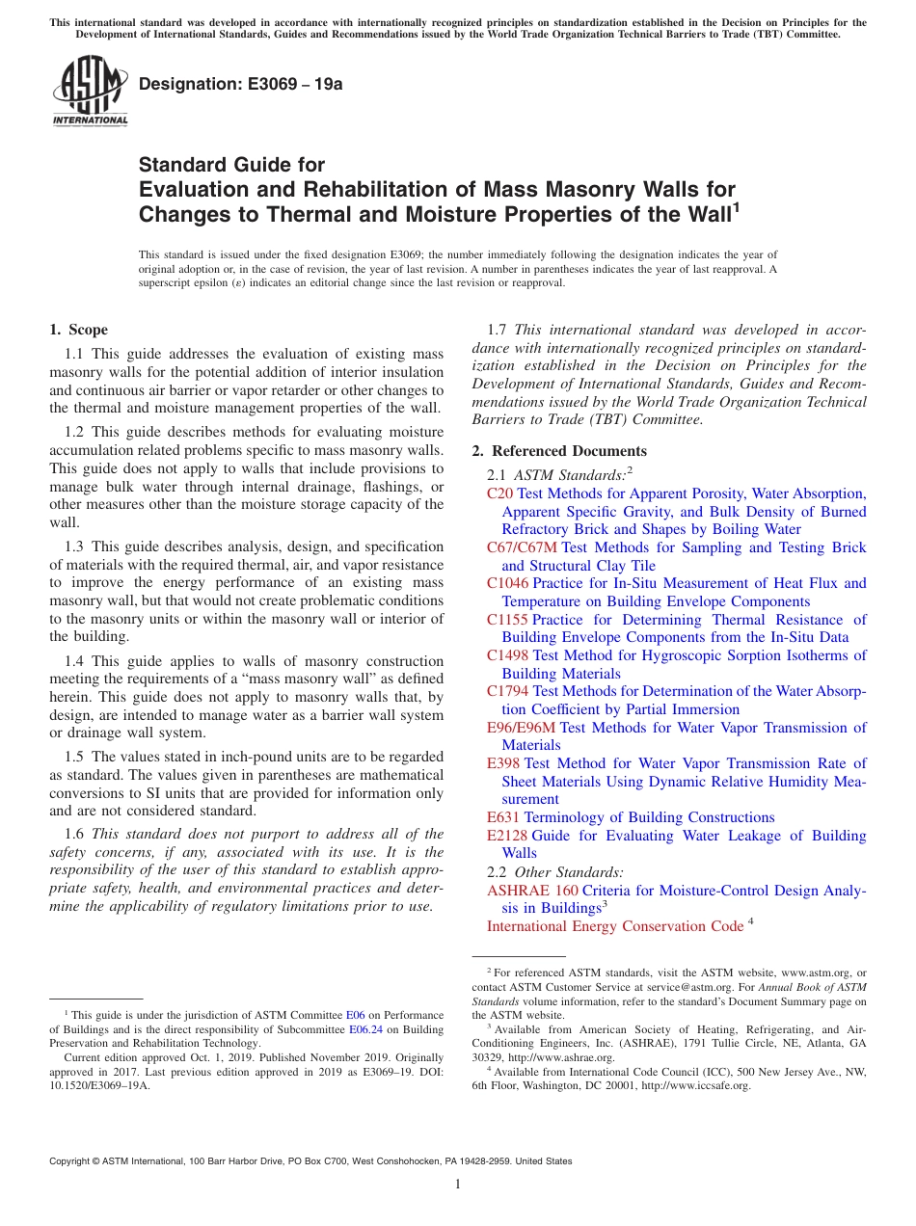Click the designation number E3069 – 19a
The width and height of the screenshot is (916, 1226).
click(x=240, y=84)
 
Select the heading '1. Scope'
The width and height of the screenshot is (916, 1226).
click(x=78, y=330)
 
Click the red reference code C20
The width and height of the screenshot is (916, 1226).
click(x=499, y=493)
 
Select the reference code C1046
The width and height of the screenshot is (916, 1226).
click(x=507, y=583)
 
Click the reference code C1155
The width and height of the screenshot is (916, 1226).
click(x=507, y=620)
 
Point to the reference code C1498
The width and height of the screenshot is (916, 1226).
click(x=507, y=655)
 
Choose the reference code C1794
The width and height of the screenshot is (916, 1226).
click(x=507, y=691)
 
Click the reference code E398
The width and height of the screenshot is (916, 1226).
click(x=503, y=763)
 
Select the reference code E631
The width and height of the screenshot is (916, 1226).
click(x=503, y=817)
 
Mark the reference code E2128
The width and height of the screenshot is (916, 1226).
click(x=507, y=836)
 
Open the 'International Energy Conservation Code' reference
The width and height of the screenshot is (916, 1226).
click(x=614, y=926)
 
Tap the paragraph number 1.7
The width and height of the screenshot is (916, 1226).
click(x=498, y=330)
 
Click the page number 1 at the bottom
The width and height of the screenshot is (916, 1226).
click(x=458, y=1185)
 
